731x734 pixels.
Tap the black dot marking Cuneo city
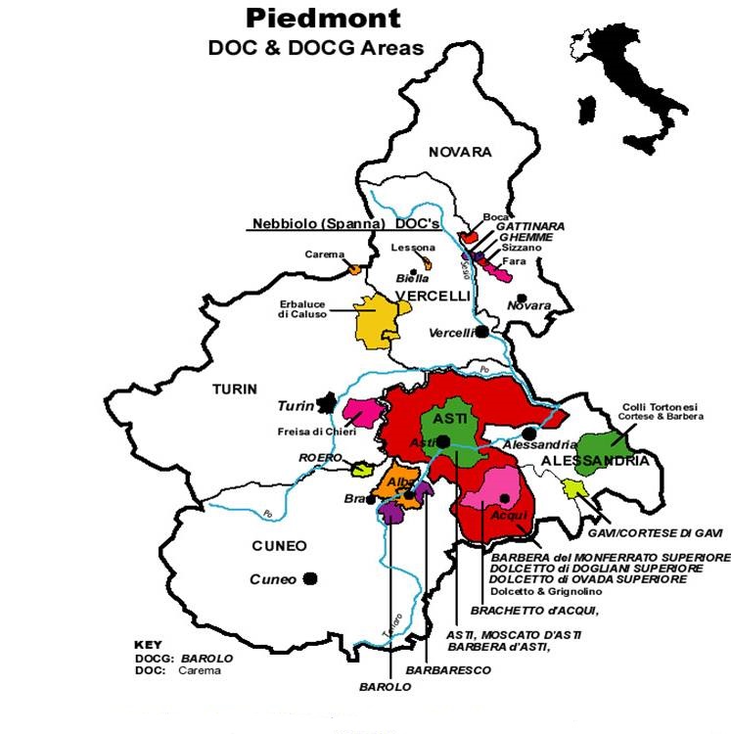click(310, 578)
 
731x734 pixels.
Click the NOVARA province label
click(460, 152)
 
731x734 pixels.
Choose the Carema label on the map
click(324, 254)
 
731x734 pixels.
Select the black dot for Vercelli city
click(482, 332)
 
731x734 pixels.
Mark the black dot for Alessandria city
click(529, 433)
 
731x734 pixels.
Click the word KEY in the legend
click(148, 645)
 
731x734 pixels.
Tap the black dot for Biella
click(414, 271)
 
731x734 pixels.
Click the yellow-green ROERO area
click(361, 470)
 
